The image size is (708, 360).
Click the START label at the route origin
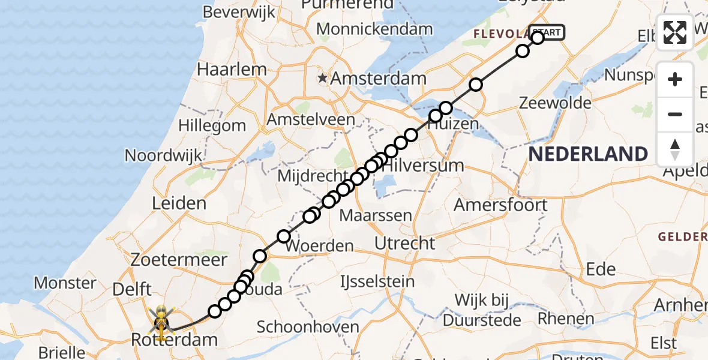coord(547,32)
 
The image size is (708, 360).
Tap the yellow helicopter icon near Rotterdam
coord(161,319)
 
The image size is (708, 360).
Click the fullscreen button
coord(675,32)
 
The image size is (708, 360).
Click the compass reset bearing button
coord(675,149)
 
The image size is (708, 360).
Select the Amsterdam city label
coord(378,78)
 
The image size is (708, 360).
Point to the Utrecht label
coord(404,243)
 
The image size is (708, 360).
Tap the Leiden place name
coord(179,203)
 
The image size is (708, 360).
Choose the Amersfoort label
coord(500,205)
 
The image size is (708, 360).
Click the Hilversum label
coord(424,165)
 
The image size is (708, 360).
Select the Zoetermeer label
coord(181,260)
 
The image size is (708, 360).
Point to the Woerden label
coord(320,246)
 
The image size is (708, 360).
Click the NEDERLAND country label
coord(588,154)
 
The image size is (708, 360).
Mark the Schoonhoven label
coord(308,327)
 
